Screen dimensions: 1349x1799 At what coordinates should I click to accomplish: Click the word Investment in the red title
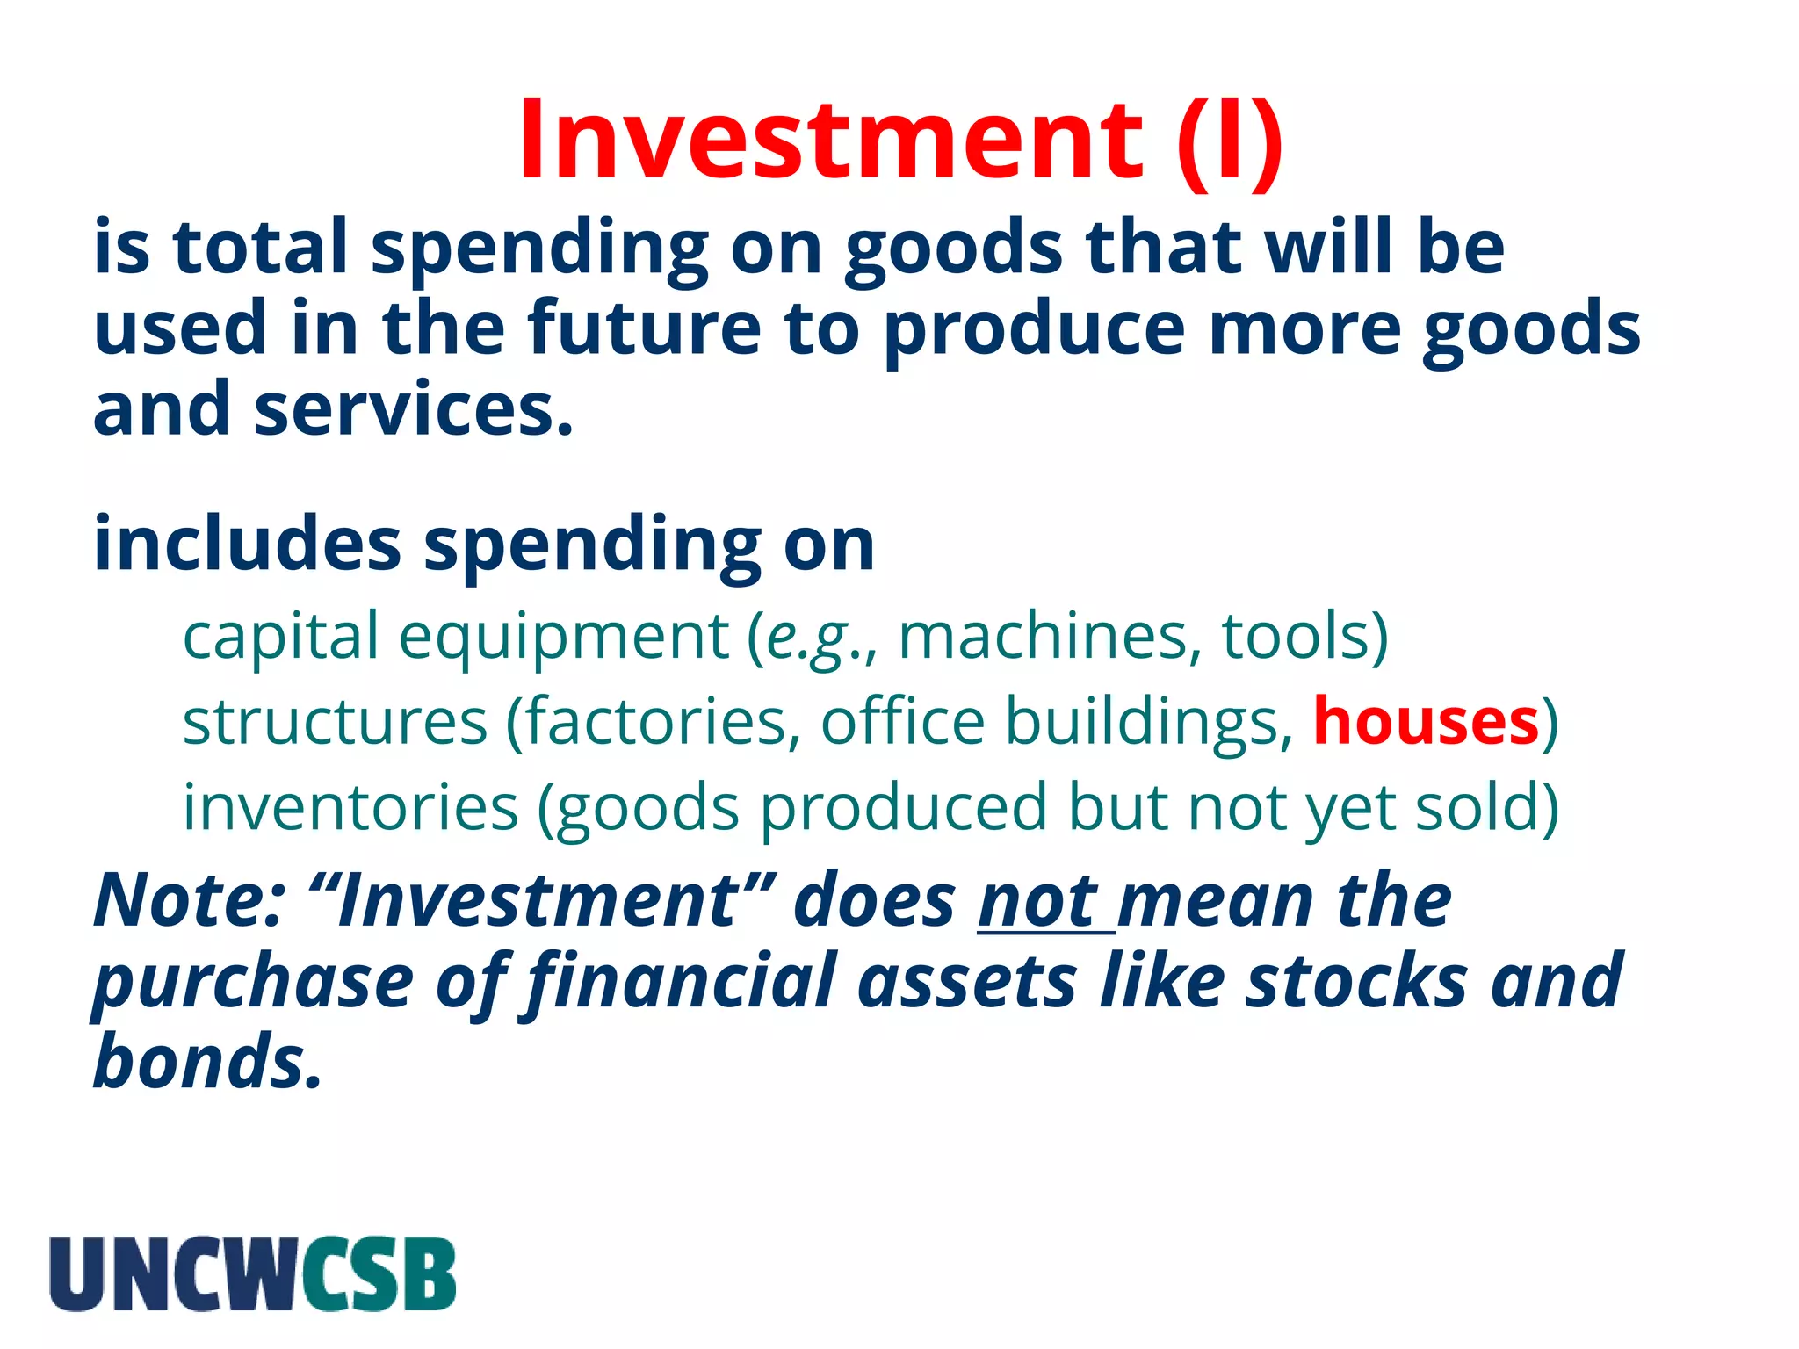click(x=830, y=141)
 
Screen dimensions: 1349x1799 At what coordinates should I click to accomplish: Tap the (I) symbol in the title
click(x=1230, y=141)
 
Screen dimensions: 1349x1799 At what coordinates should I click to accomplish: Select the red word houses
click(x=1426, y=722)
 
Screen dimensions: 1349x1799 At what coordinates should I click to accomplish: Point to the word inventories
click(x=350, y=807)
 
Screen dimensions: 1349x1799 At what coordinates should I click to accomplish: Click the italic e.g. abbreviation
click(x=809, y=637)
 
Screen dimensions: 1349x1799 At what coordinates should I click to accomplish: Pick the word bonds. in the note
click(x=207, y=1062)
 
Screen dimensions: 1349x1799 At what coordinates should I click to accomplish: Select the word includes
click(x=247, y=545)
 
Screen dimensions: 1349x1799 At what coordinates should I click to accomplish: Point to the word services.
click(x=413, y=410)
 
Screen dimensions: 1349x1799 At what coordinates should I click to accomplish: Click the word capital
click(x=279, y=638)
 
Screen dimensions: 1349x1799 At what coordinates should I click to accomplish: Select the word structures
click(x=334, y=722)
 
